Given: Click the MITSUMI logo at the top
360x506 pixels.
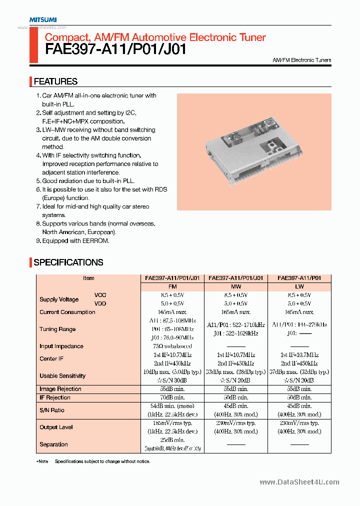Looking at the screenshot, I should click(42, 19).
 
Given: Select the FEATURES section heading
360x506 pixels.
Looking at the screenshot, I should click(55, 81).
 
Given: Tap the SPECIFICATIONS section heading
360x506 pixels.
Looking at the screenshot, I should click(68, 262).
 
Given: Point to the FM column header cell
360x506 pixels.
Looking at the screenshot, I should click(172, 287).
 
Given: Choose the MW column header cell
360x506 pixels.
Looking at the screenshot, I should click(236, 287).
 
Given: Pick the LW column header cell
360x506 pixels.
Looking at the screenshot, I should click(299, 287).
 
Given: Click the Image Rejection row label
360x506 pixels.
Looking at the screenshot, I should click(60, 389).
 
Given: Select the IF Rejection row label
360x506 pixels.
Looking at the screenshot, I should click(55, 397).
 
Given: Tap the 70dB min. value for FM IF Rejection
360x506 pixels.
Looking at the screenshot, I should click(172, 397).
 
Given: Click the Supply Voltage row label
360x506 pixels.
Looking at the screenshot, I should click(59, 299).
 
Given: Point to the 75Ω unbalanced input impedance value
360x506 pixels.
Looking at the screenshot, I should click(172, 346).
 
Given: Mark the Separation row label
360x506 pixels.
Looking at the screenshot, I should click(53, 444).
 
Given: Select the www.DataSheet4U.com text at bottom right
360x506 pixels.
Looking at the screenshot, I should click(299, 482).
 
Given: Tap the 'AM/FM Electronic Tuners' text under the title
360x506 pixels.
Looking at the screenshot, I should click(301, 60).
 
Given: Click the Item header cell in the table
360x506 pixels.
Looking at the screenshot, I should click(88, 278).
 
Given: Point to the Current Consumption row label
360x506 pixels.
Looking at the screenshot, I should click(67, 312).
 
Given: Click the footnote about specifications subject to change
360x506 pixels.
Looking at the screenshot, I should click(102, 461).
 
